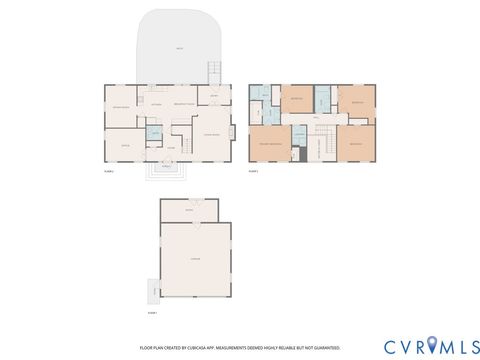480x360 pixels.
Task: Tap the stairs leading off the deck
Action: pos(212,73)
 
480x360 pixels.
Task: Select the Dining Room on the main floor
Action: pos(122,107)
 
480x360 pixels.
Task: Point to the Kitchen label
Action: pos(156,104)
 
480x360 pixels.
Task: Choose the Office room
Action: pos(126,143)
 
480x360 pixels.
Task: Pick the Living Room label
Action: pos(213,134)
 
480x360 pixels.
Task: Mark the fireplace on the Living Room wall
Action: pos(233,131)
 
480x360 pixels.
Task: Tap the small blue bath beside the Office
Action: pos(155,132)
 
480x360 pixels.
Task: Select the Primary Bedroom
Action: pos(269,143)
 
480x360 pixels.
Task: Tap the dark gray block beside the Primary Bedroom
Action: pos(298,154)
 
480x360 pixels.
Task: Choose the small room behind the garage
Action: pos(188,210)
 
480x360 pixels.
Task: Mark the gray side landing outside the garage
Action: pos(153,291)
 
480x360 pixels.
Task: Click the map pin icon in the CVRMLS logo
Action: pos(431,346)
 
